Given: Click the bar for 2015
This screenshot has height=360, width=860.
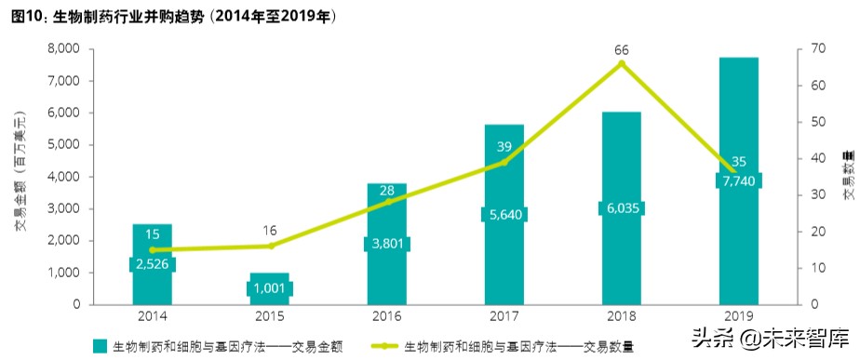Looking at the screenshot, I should click(x=269, y=288).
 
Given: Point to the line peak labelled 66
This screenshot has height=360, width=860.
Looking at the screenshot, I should click(x=621, y=63).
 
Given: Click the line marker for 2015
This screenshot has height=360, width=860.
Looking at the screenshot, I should click(x=270, y=246).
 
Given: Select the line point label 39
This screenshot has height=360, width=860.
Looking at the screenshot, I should click(x=504, y=146).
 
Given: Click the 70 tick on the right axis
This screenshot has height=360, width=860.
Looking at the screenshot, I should click(x=815, y=48).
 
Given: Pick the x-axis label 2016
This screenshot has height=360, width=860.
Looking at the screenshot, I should click(x=386, y=316).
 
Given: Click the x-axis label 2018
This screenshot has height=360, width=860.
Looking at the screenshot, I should click(x=621, y=316).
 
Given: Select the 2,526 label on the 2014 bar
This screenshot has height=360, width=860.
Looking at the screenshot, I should click(x=152, y=264).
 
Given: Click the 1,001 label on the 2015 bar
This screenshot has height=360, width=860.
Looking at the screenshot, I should click(x=269, y=288).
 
